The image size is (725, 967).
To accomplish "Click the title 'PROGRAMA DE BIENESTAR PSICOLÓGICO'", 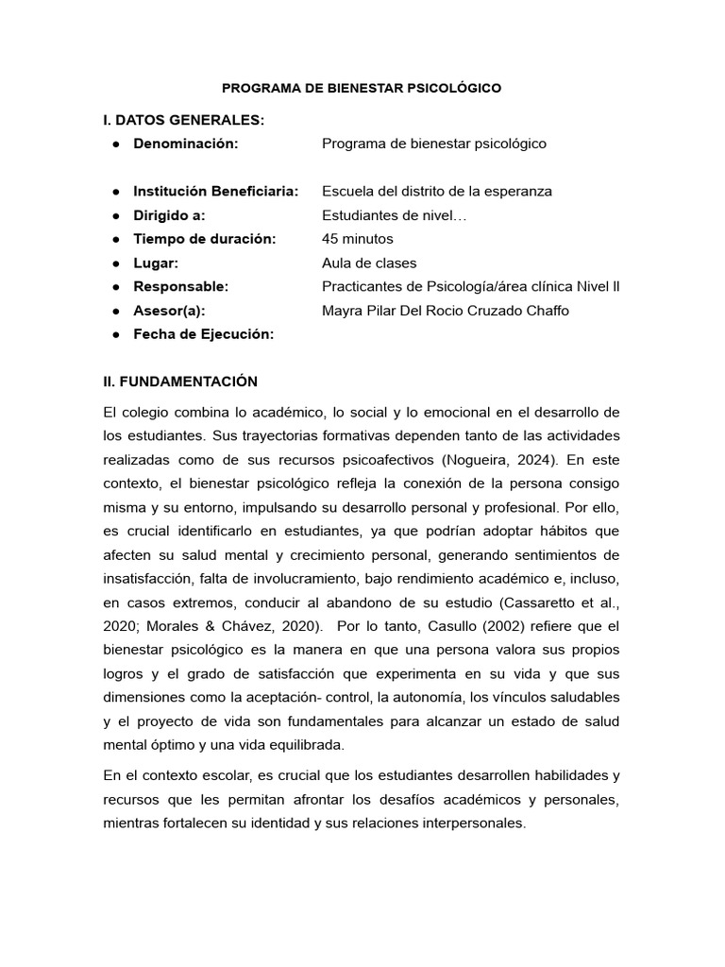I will coord(362,88).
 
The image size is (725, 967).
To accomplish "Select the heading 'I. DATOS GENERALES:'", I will coord(183,120).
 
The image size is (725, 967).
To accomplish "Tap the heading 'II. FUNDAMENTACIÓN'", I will coord(180,382).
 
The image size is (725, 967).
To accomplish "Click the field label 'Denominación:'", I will coord(186,144).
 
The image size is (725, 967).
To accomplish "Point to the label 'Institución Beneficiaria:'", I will coord(215,192).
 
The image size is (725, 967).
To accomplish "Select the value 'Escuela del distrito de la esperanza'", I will coord(436,192).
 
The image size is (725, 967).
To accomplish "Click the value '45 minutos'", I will coord(357,239).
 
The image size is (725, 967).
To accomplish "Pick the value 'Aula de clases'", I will coord(368,263).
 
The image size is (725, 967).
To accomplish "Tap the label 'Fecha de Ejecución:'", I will coord(203,334).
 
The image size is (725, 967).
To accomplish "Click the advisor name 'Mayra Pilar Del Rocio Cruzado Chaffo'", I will coord(445,311).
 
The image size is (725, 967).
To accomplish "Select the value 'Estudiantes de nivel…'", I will coord(394,215).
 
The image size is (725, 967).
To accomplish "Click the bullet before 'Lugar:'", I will coord(114,263).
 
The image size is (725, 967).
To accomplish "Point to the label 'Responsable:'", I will coord(180,287).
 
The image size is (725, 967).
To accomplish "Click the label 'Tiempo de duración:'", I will coord(204,239).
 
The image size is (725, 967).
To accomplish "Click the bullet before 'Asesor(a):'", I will coord(114,311).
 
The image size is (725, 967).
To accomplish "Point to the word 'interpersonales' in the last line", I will coord(469,823).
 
